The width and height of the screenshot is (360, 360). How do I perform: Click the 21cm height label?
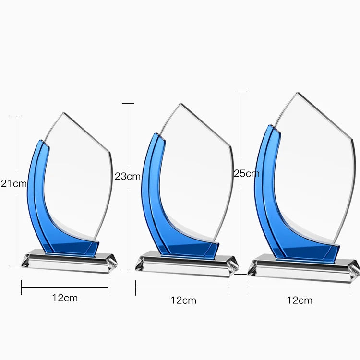[14, 183]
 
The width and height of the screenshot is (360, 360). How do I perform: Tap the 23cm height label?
[128, 176]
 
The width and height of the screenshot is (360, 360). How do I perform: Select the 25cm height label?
[247, 173]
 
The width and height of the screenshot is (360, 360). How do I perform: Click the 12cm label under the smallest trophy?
[65, 298]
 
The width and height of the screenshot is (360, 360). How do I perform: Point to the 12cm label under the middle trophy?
[183, 300]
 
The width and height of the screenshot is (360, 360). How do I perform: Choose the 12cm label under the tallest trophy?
[300, 300]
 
